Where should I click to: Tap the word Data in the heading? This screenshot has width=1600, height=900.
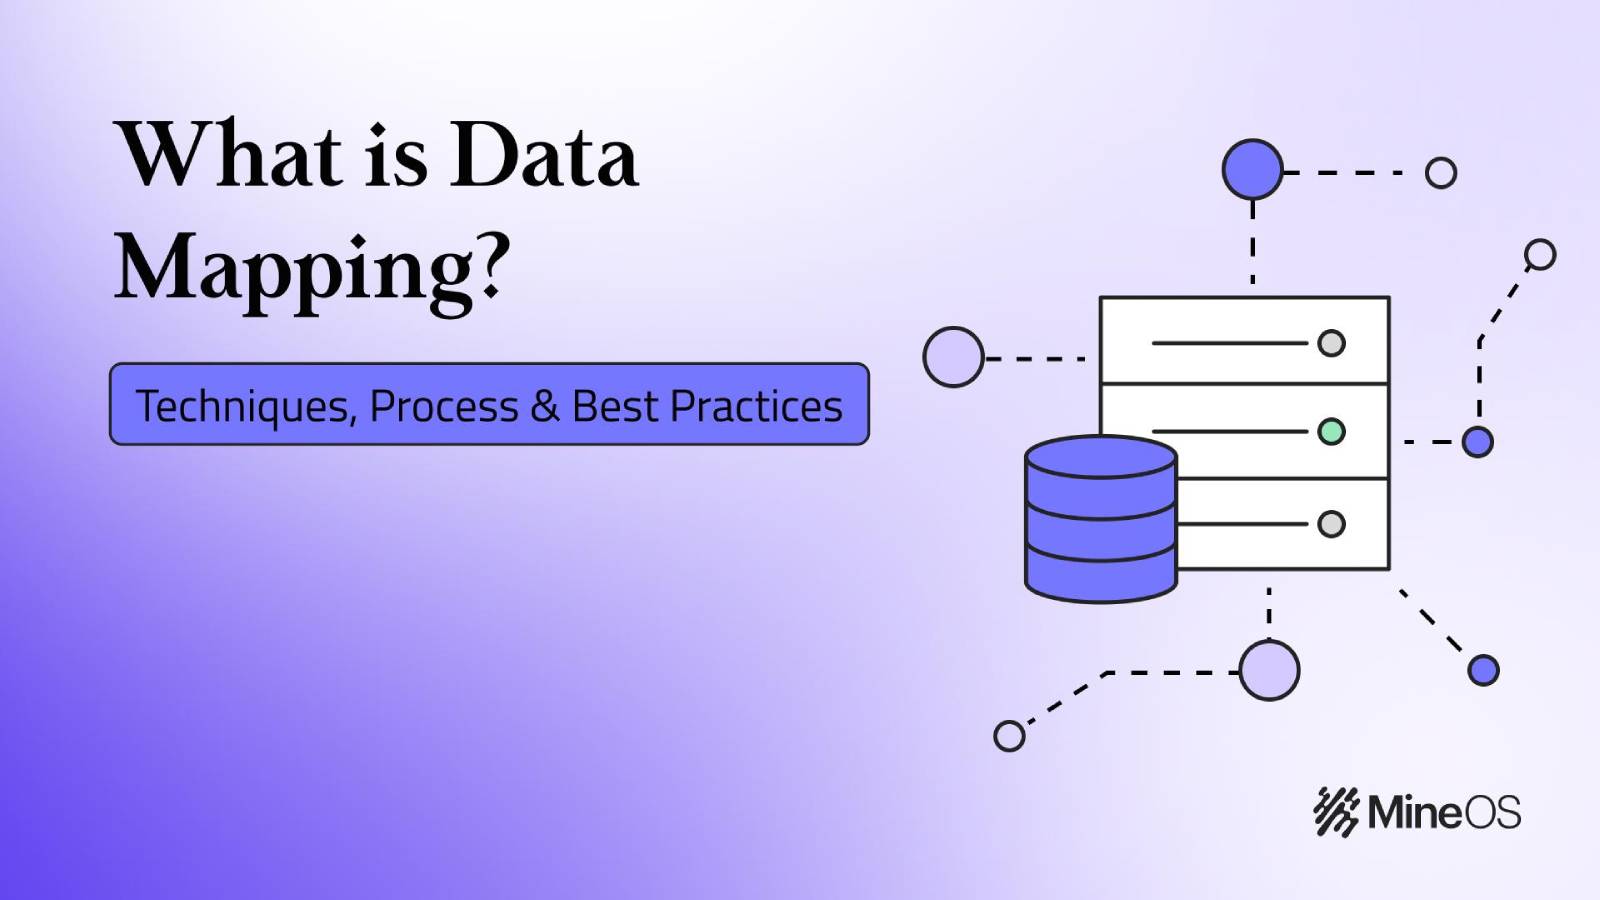click(x=543, y=157)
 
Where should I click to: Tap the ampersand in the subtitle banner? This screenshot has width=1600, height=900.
click(x=545, y=406)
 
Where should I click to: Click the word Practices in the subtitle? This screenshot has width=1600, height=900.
click(x=756, y=406)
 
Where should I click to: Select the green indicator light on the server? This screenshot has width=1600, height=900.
click(x=1331, y=432)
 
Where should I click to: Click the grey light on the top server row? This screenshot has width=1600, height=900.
click(x=1331, y=343)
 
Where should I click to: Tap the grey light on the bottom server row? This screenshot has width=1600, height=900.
click(x=1331, y=524)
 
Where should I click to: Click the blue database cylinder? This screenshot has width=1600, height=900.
click(x=1101, y=519)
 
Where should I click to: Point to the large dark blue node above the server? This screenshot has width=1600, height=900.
click(x=1252, y=170)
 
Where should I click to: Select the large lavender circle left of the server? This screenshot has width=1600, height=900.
click(x=953, y=357)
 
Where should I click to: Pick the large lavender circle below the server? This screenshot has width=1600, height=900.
click(x=1269, y=670)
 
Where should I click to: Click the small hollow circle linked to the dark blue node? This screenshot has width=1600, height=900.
click(x=1441, y=173)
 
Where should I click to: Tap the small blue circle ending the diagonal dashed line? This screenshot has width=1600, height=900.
click(x=1483, y=670)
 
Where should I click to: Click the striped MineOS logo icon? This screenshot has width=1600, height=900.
click(x=1336, y=811)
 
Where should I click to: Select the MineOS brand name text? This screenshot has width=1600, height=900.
click(x=1444, y=811)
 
